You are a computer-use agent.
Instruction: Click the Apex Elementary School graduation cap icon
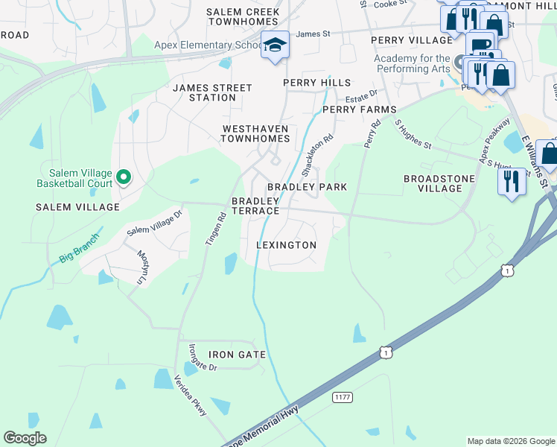[x=275, y=45]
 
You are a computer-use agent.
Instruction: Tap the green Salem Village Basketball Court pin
[x=124, y=177]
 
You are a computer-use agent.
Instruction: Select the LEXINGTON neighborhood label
[x=286, y=245]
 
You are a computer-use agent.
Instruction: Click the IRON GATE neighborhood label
[x=237, y=354]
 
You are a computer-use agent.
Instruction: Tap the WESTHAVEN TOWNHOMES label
[x=255, y=133]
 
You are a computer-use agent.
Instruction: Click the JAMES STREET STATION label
[x=212, y=92]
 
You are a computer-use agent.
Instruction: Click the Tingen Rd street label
[x=216, y=232]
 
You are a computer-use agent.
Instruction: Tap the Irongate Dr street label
[x=202, y=357]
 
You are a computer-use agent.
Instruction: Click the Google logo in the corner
[x=25, y=438]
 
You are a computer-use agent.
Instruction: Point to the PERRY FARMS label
[x=359, y=110]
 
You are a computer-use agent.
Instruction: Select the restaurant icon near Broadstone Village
[x=511, y=182]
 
